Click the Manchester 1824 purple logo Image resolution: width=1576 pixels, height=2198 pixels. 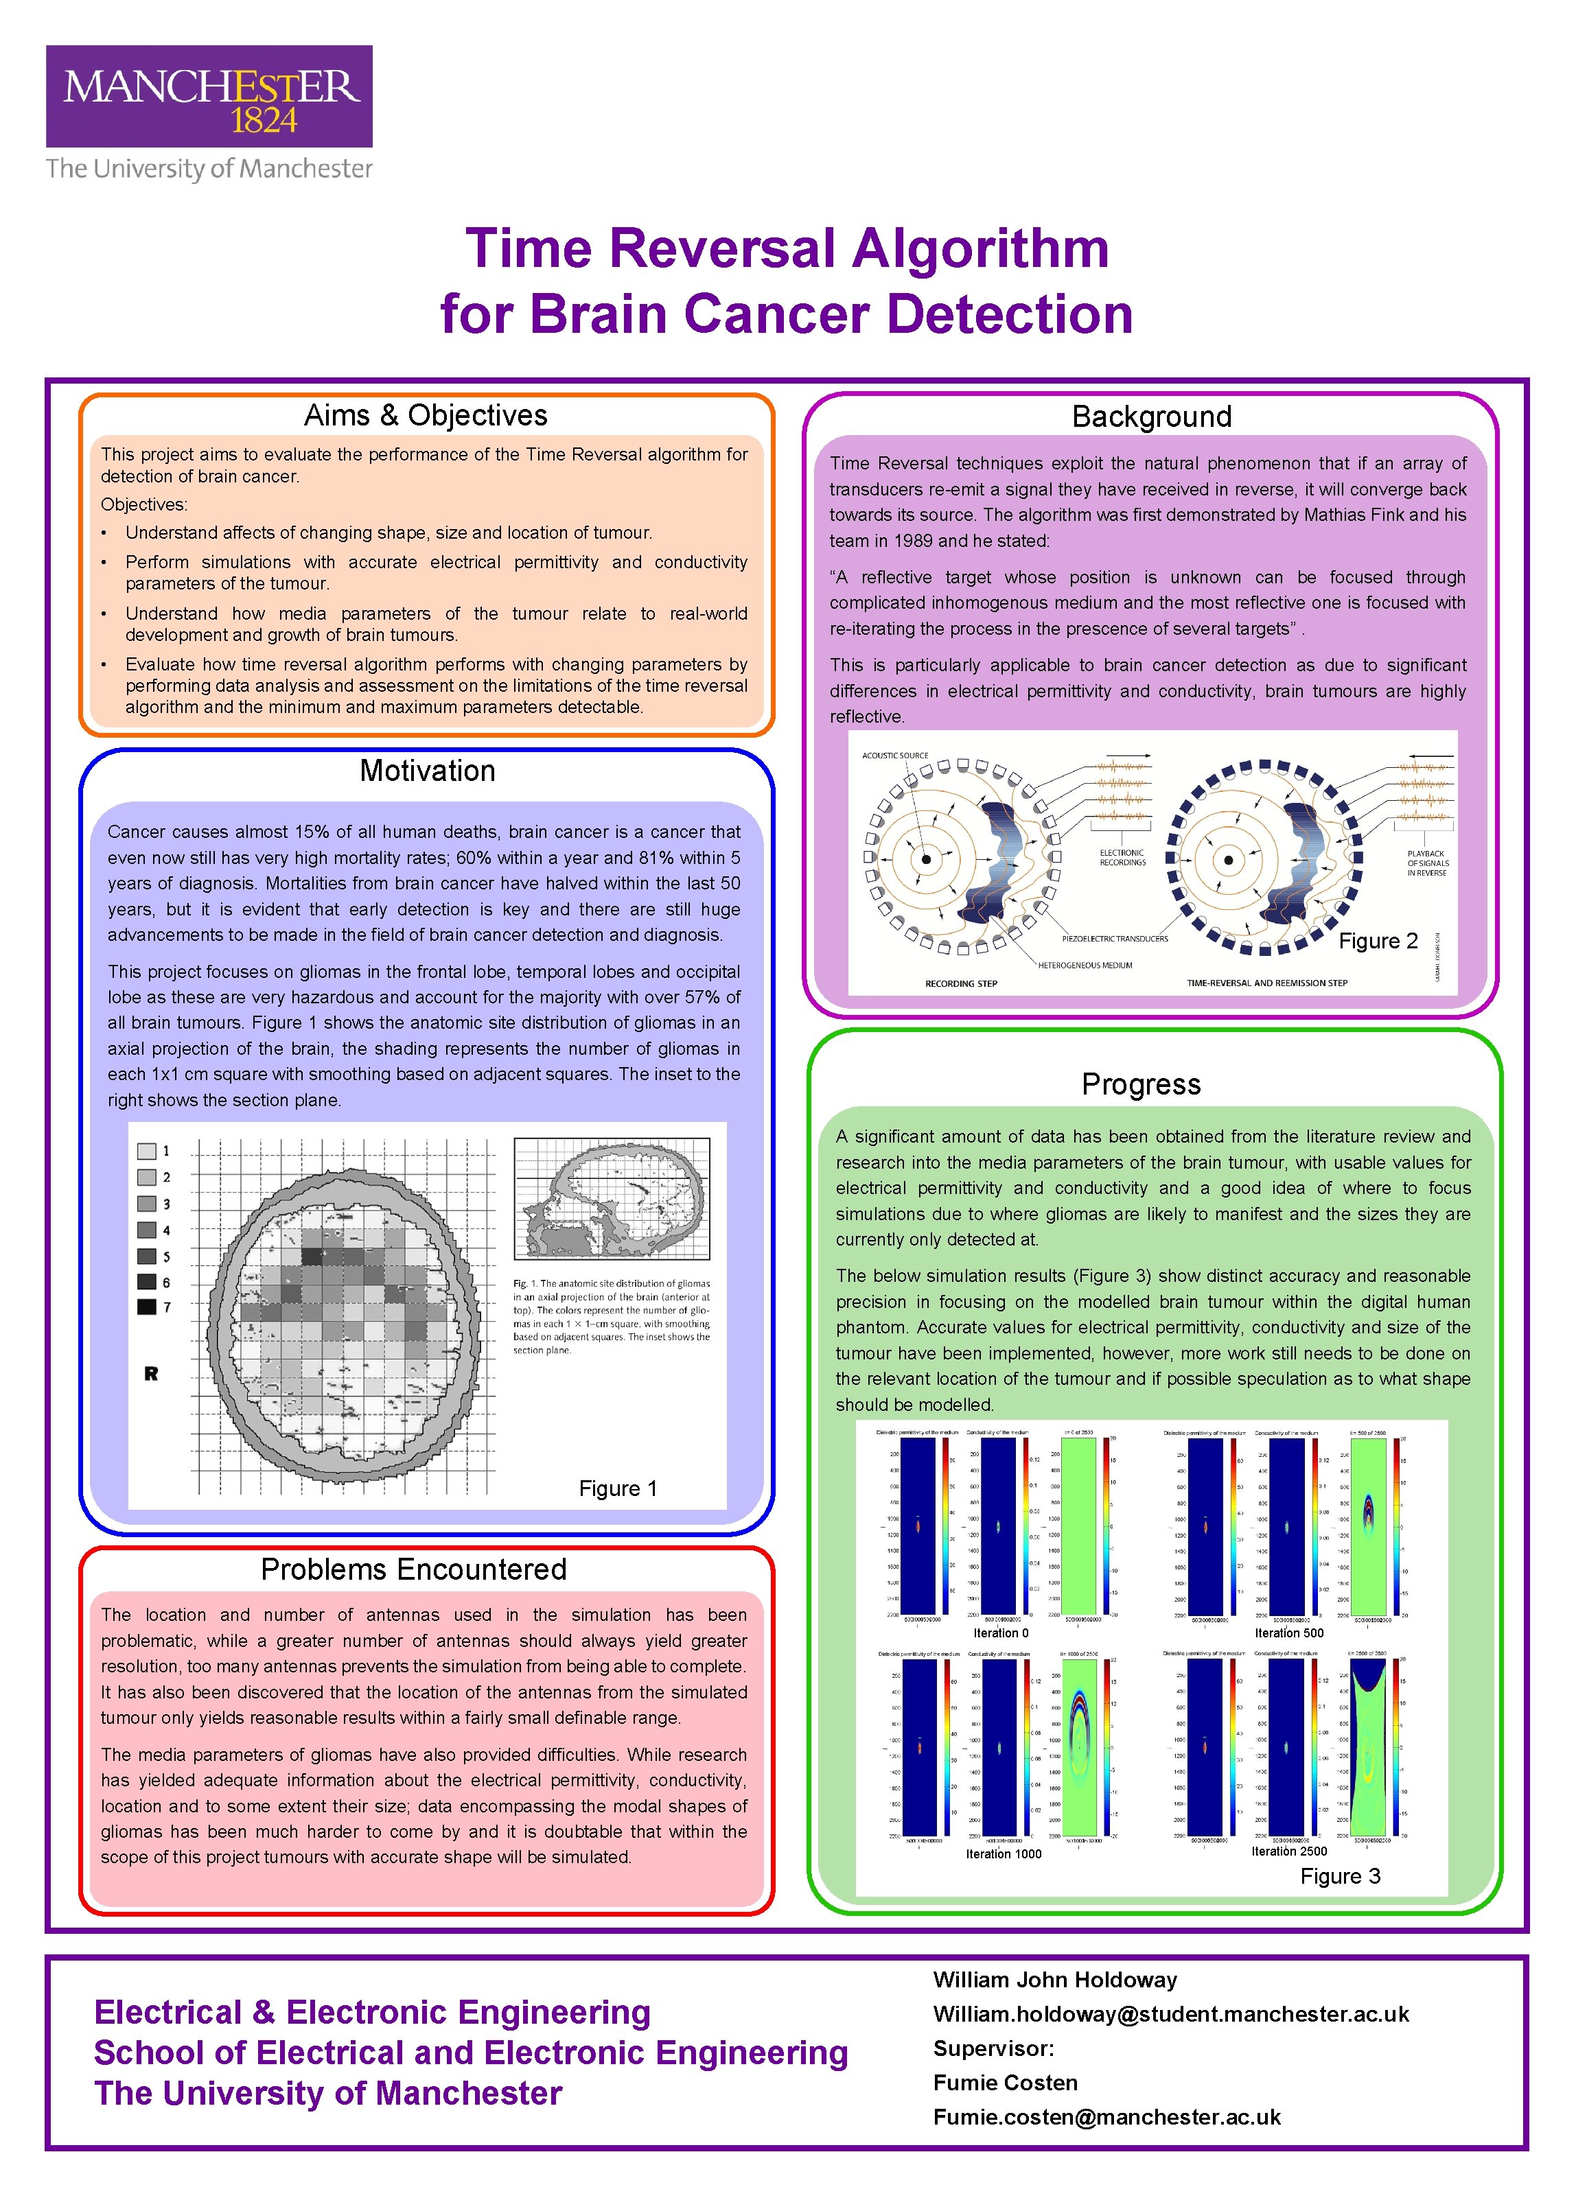pos(209,96)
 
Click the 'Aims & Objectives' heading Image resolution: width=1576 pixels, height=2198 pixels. pos(426,416)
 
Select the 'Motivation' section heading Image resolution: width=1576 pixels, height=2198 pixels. pos(428,771)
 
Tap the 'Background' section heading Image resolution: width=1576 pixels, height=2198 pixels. pos(1152,417)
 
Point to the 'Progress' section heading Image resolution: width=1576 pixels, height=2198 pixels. pos(1141,1084)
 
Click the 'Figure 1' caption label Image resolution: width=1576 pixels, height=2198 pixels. pos(617,1488)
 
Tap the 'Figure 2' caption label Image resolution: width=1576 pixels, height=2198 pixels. pos(1378,941)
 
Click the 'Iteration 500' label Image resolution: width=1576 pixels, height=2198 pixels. pos(1288,1633)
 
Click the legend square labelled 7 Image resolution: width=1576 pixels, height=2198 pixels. pos(146,1307)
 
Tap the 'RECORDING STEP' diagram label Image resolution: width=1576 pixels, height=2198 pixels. pos(960,983)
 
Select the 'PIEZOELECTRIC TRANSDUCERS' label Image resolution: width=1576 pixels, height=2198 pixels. pos(1115,939)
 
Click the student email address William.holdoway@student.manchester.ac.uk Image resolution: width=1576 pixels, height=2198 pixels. pos(1170,2014)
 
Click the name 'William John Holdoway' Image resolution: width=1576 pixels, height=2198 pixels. pos(1054,1980)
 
